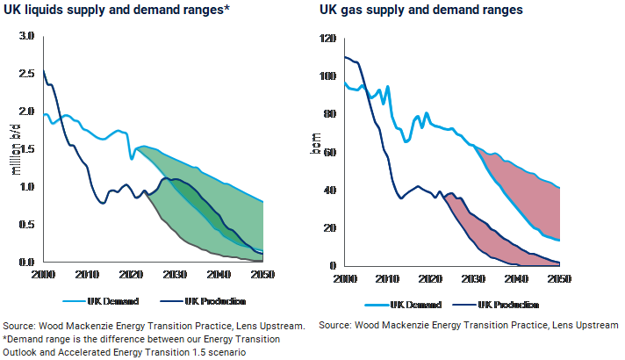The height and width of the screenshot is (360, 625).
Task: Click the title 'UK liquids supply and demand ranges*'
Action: coord(123,11)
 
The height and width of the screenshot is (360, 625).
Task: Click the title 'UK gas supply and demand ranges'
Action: coord(420,11)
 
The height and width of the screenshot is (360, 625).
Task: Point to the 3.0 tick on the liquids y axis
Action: coord(26,36)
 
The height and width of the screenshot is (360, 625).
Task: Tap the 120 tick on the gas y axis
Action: coord(329,40)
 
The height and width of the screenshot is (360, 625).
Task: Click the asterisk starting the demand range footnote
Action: coord(5,339)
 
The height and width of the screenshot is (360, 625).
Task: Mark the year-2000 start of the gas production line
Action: coord(343,57)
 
